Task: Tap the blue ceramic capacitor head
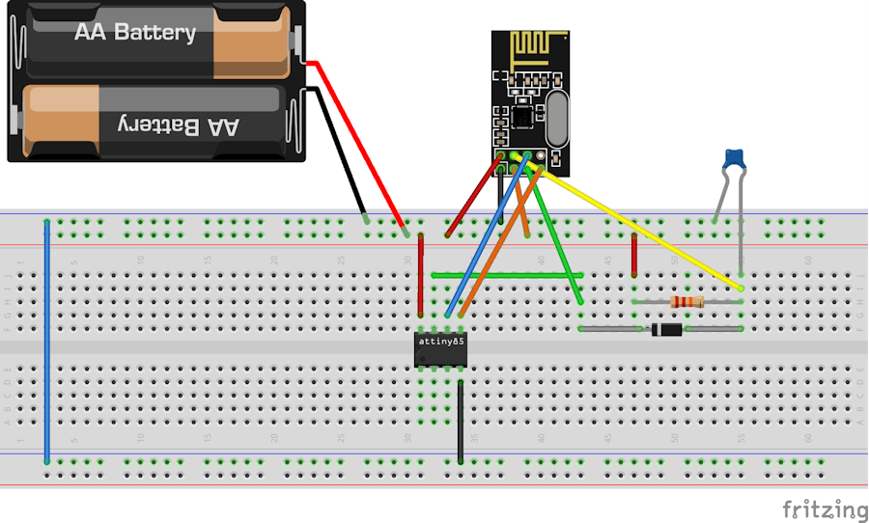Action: click(x=736, y=158)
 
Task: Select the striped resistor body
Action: click(x=687, y=302)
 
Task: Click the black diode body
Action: click(x=667, y=330)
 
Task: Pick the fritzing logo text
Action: click(x=824, y=509)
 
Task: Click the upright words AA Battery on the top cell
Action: click(x=135, y=32)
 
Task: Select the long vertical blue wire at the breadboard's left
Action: click(x=47, y=338)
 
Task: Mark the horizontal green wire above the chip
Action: click(x=502, y=275)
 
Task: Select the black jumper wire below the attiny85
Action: click(x=461, y=420)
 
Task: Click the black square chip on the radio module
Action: click(x=522, y=115)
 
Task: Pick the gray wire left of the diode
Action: click(x=611, y=330)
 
